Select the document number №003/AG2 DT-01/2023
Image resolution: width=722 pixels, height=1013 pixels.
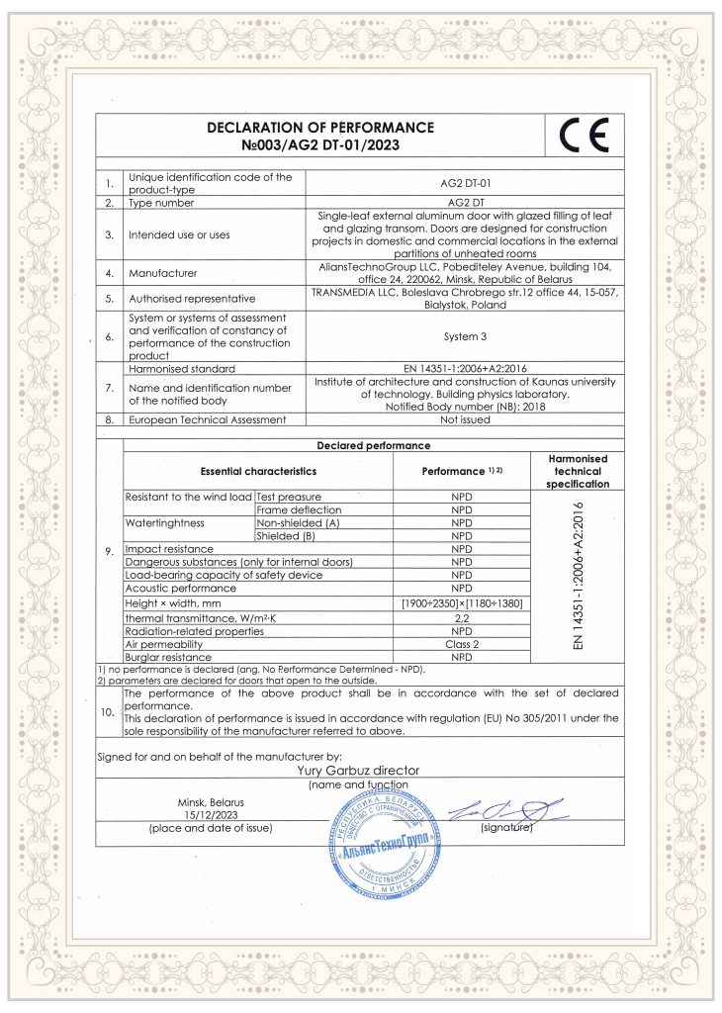(320, 145)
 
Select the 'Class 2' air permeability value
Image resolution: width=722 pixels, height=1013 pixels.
(462, 644)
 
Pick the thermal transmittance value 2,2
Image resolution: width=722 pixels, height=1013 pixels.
(462, 617)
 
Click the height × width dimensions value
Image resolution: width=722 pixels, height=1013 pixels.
(462, 603)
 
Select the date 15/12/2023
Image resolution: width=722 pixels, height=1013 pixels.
(210, 814)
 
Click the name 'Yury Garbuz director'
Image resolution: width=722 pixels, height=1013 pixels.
(358, 770)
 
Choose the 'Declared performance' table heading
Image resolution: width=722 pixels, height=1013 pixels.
(373, 445)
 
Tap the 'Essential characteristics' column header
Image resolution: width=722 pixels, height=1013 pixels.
(258, 473)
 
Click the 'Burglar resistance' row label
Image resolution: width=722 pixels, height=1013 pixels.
(167, 657)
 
